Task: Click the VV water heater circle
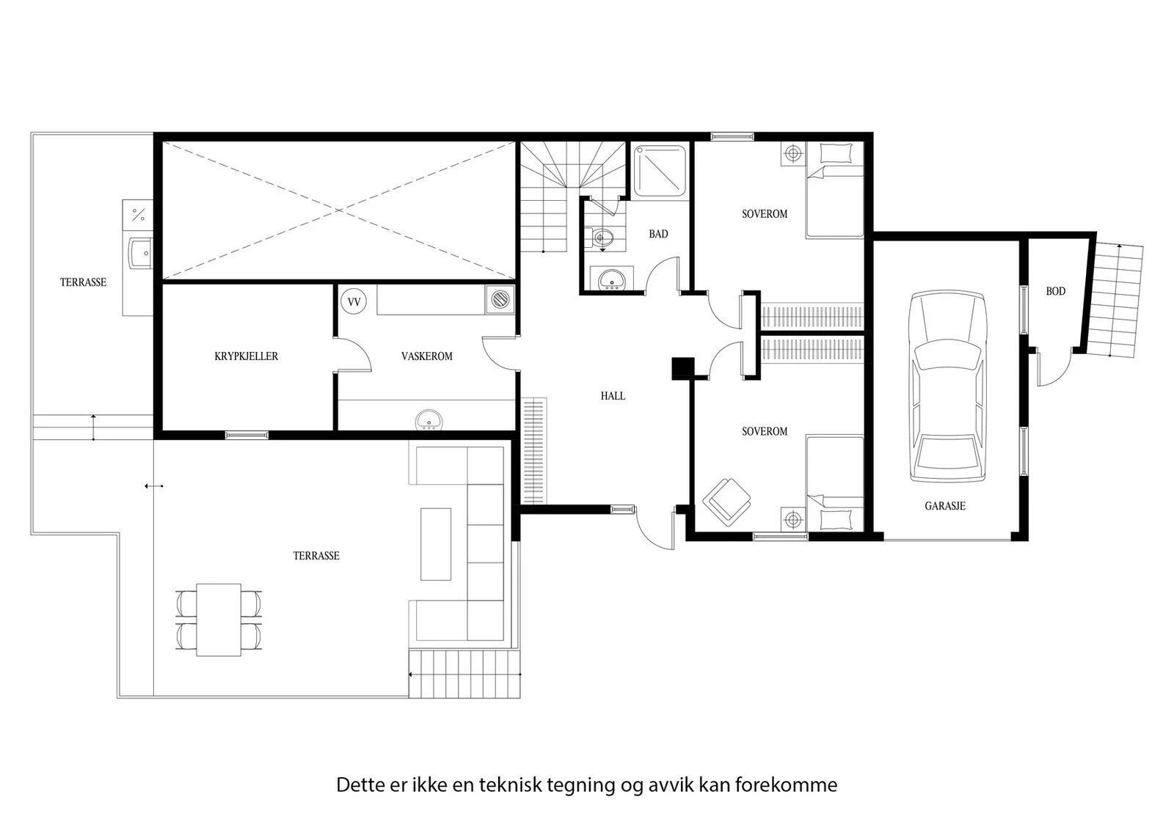click(354, 301)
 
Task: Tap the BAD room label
click(658, 234)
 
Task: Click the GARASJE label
click(945, 506)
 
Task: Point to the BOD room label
click(1056, 291)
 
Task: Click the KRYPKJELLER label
click(247, 356)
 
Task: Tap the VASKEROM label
click(426, 356)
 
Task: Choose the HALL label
click(613, 396)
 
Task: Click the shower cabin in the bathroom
click(660, 171)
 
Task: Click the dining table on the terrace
click(219, 620)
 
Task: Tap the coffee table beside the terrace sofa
click(436, 544)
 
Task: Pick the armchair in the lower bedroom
click(726, 502)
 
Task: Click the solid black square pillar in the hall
click(683, 368)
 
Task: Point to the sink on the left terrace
click(140, 254)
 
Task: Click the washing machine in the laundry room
click(500, 300)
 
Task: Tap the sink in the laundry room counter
click(429, 420)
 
